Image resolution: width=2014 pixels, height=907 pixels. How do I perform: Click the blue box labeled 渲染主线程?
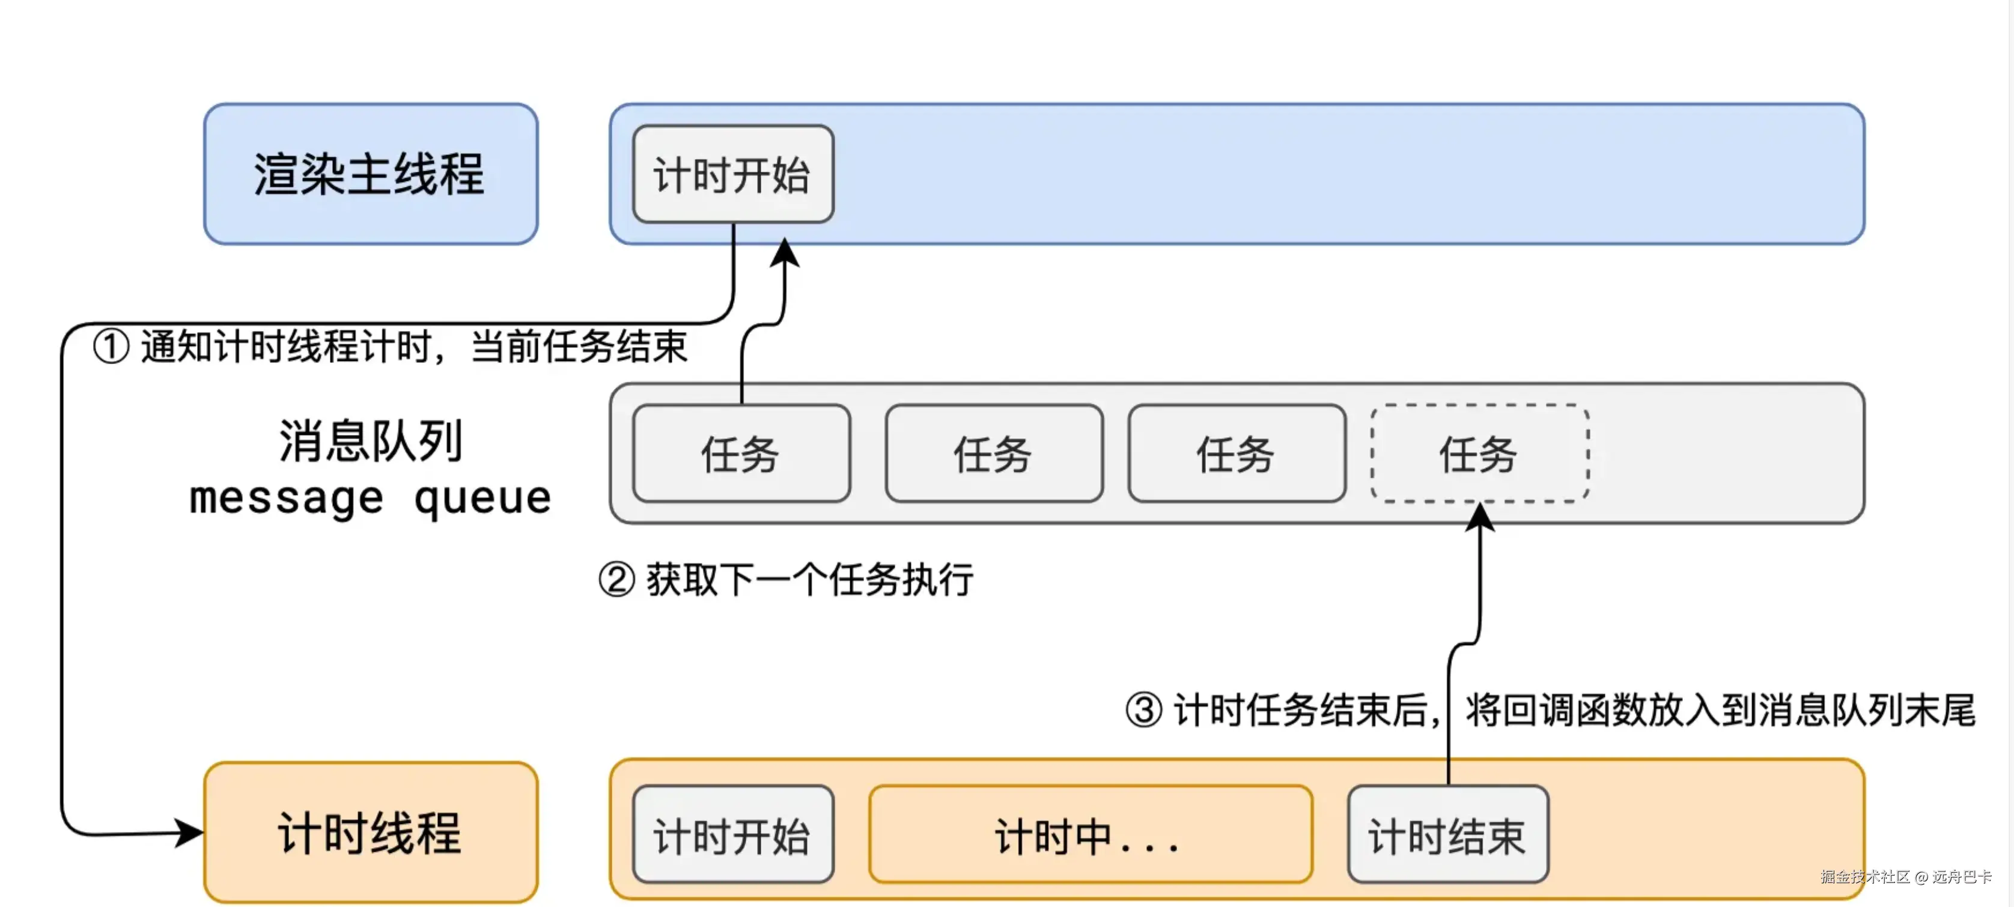(371, 174)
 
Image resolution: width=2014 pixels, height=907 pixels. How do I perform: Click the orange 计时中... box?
(1090, 834)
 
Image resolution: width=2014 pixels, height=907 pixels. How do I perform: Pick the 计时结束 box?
(1448, 834)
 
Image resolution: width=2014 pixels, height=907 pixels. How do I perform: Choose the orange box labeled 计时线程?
(371, 832)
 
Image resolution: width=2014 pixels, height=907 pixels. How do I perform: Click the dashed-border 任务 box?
(1479, 453)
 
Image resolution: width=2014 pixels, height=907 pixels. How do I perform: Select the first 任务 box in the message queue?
(741, 453)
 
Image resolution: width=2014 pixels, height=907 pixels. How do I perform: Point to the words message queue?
(371, 498)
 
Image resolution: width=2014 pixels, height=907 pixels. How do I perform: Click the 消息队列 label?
(371, 440)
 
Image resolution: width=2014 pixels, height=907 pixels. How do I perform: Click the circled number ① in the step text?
(111, 347)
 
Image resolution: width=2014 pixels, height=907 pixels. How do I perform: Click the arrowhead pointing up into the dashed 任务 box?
(1479, 516)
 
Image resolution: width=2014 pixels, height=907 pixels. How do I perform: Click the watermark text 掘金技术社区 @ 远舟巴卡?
(1905, 876)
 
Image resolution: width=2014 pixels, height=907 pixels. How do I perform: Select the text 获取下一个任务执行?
(809, 580)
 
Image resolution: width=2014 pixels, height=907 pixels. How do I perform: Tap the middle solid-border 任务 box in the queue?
(994, 453)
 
